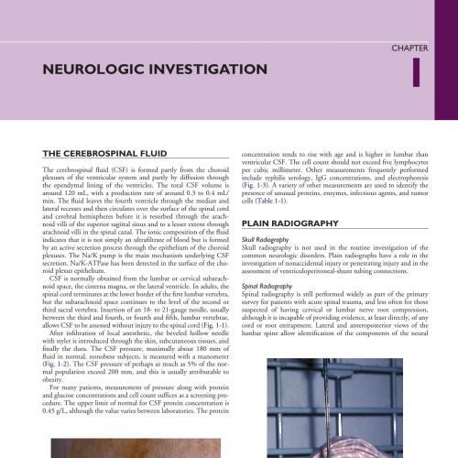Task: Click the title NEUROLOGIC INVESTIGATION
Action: coord(138,70)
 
